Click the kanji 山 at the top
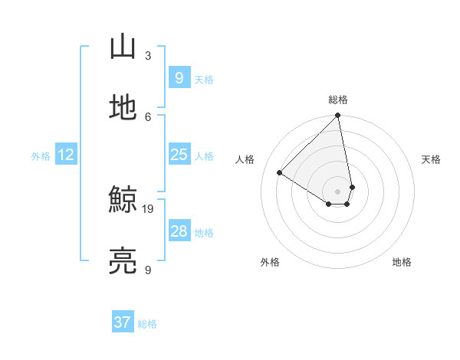[x=123, y=47]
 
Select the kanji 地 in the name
[x=123, y=107]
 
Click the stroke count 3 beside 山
[x=148, y=55]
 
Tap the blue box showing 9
[x=179, y=78]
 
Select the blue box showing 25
[x=179, y=155]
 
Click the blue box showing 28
[x=179, y=231]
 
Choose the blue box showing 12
[x=65, y=155]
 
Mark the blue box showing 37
[x=122, y=322]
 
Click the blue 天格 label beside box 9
[x=204, y=80]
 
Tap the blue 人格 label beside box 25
[x=204, y=156]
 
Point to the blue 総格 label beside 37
[x=147, y=324]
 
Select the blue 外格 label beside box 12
[x=41, y=156]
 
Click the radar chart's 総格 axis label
[x=338, y=100]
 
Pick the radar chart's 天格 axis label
[x=431, y=159]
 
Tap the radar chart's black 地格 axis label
[x=402, y=262]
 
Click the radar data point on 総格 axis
[x=338, y=116]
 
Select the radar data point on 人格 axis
[x=280, y=173]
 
